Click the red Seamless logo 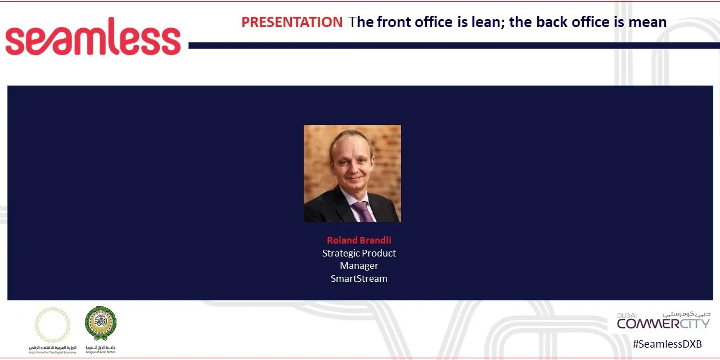(x=93, y=37)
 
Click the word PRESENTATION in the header (x=291, y=22)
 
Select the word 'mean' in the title (x=647, y=22)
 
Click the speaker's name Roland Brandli (x=359, y=240)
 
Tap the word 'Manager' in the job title (x=359, y=265)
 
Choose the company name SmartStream (x=359, y=278)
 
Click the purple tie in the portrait (x=362, y=211)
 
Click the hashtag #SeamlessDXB (x=667, y=344)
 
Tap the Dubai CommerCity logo (x=663, y=322)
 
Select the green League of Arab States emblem (x=101, y=323)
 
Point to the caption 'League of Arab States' (x=101, y=352)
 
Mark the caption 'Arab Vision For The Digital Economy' (x=52, y=352)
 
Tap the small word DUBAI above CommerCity (x=627, y=316)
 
